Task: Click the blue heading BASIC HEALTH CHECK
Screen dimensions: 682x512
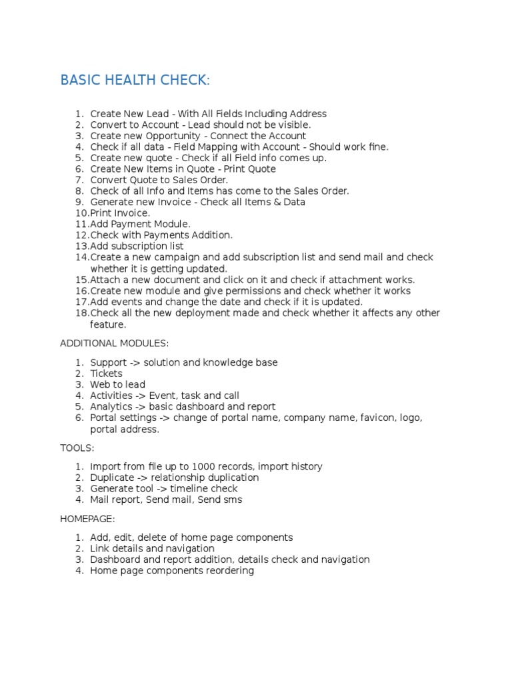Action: (x=135, y=81)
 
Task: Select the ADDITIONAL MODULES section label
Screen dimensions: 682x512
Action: (x=114, y=343)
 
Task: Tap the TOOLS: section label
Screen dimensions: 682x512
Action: (x=77, y=448)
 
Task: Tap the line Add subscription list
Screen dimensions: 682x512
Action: (x=137, y=246)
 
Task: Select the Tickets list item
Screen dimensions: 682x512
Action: (x=106, y=374)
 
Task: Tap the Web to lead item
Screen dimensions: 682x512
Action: (x=117, y=384)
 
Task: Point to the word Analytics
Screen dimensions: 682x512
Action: (x=111, y=406)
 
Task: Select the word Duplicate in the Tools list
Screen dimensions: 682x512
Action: (x=112, y=478)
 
